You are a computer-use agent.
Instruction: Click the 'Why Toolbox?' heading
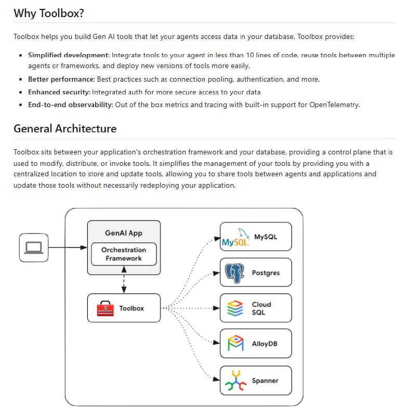[x=49, y=14]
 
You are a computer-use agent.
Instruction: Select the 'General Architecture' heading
[x=65, y=128]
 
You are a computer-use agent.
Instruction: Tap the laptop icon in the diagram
[x=33, y=248]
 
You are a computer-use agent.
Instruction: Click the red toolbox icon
[x=105, y=308]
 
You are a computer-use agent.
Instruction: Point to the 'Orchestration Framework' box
[x=124, y=254]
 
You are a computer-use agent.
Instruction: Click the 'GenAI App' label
[x=124, y=233]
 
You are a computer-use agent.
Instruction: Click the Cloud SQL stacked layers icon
[x=235, y=308]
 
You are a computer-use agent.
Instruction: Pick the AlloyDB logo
[x=235, y=344]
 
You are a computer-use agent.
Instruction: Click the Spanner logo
[x=235, y=381]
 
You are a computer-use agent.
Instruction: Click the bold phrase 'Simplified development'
[x=69, y=55]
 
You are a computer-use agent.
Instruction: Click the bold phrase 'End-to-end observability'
[x=70, y=105]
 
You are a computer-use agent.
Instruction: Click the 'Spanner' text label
[x=265, y=381]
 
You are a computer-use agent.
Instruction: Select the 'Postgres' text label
[x=265, y=273]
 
